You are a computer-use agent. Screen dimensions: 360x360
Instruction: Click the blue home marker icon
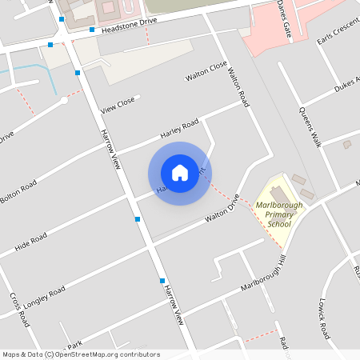coord(180,173)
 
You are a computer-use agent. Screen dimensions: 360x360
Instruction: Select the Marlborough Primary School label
coord(279,214)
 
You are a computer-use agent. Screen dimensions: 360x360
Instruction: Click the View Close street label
coord(118,105)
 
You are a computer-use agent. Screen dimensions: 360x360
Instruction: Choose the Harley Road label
coord(178,128)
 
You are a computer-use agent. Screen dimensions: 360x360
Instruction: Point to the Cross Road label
coord(20,310)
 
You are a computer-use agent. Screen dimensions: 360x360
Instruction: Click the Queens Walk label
coord(310,126)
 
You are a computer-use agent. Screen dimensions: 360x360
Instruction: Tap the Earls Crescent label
coord(335,41)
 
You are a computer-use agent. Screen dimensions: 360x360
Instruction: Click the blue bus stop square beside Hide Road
coord(138,218)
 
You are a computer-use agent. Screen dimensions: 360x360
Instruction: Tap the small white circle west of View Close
coord(63,100)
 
